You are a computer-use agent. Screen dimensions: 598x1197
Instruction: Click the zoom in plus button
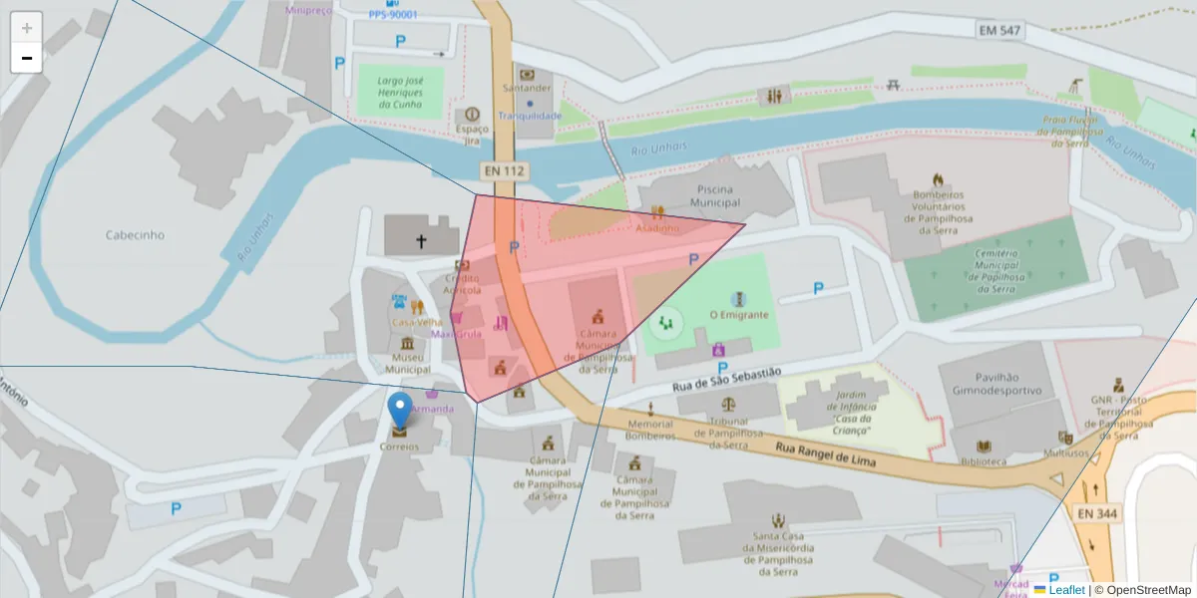pos(26,27)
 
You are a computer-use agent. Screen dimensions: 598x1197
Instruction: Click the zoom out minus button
pos(26,58)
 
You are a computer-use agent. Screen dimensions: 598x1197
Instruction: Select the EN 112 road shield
pos(504,170)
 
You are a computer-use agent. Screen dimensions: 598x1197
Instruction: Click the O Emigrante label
pos(738,314)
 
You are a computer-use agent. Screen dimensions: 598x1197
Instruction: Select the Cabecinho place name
pos(135,235)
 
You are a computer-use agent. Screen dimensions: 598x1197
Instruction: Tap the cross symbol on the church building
pos(421,241)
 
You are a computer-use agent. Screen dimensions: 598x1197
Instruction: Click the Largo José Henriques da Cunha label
pos(400,92)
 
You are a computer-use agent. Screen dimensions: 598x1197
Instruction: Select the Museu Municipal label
pos(407,363)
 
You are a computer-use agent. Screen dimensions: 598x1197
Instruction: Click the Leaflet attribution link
pos(1065,590)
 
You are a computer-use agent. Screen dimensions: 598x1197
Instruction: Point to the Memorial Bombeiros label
pos(650,430)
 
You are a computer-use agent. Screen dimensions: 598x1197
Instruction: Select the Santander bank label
pos(527,88)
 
